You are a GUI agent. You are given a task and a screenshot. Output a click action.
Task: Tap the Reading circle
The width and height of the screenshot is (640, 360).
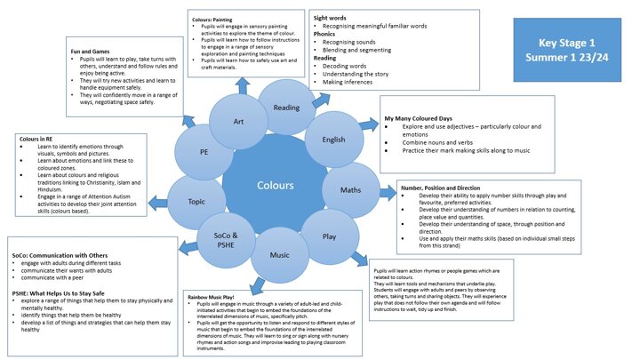pyautogui.click(x=285, y=108)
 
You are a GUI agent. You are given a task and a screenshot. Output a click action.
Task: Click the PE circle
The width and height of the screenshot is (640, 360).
pyautogui.click(x=204, y=152)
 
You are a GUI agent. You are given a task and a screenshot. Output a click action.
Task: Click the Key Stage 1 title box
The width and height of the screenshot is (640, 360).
pyautogui.click(x=570, y=47)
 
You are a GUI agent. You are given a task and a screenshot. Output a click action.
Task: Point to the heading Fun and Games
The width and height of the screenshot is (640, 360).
pyautogui.click(x=95, y=52)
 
